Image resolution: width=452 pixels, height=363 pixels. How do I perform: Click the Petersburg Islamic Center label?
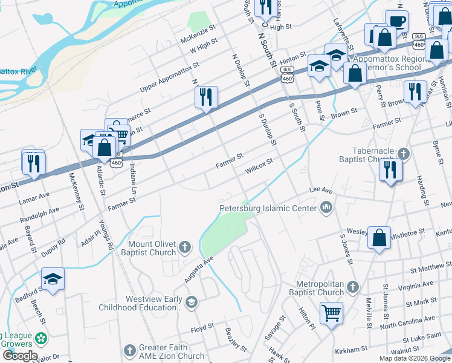pyautogui.click(x=267, y=209)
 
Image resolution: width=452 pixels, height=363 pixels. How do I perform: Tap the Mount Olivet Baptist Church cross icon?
pyautogui.click(x=185, y=247)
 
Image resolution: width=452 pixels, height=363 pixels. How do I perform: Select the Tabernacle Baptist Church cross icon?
pyautogui.click(x=404, y=154)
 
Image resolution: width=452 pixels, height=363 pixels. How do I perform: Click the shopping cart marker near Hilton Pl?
pyautogui.click(x=331, y=313)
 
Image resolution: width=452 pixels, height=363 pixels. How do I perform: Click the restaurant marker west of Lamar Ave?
pyautogui.click(x=33, y=162)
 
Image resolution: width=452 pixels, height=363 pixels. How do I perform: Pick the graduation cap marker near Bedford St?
pyautogui.click(x=53, y=279)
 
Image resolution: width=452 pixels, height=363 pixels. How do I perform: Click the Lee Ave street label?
pyautogui.click(x=321, y=190)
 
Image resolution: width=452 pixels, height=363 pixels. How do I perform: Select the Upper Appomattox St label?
pyautogui.click(x=169, y=78)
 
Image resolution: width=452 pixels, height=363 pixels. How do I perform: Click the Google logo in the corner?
pyautogui.click(x=20, y=356)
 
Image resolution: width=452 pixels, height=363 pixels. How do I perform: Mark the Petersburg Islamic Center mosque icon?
pyautogui.click(x=327, y=208)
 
